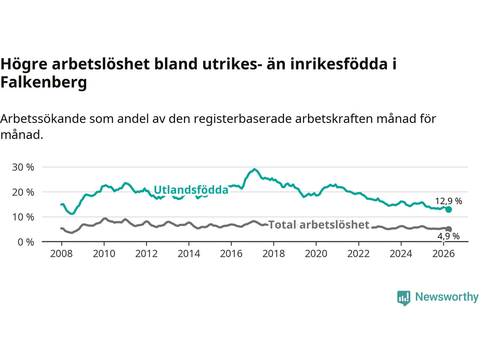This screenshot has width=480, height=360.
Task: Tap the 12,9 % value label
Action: point(448,201)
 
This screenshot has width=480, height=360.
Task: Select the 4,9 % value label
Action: point(448,236)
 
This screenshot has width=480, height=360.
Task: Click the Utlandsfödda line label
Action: point(191,190)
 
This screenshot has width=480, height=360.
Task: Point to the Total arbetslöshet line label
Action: point(319,225)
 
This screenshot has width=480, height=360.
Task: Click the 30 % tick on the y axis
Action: point(23,167)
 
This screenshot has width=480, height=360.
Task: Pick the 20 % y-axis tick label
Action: point(23,192)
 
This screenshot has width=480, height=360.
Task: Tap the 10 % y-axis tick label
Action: point(23,217)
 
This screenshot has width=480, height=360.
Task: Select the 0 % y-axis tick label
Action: point(26,242)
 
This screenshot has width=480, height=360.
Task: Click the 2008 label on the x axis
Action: point(61,254)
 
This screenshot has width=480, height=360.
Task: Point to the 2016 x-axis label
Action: point(231,254)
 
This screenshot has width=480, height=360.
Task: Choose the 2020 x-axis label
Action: point(316,254)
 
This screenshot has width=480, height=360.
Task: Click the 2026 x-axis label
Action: point(443,254)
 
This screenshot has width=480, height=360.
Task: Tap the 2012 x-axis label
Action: point(146,254)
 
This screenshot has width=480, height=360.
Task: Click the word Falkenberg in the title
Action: point(44,82)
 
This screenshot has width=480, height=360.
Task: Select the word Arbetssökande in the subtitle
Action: point(43,119)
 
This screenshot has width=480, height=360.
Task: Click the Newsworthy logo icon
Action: point(403,298)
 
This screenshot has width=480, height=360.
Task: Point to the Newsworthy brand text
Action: point(447,297)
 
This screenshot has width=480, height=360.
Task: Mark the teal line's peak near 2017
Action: point(254,169)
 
